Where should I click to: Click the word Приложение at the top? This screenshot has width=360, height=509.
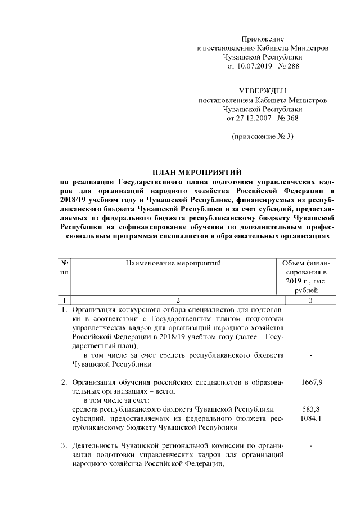[263, 38]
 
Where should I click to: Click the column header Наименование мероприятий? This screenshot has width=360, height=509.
[173, 262]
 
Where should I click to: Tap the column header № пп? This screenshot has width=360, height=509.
[65, 267]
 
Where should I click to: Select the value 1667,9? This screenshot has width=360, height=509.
[312, 382]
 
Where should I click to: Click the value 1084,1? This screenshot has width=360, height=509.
[312, 418]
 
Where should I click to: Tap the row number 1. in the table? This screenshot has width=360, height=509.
[65, 310]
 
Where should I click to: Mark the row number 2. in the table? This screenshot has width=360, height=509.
[65, 382]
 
